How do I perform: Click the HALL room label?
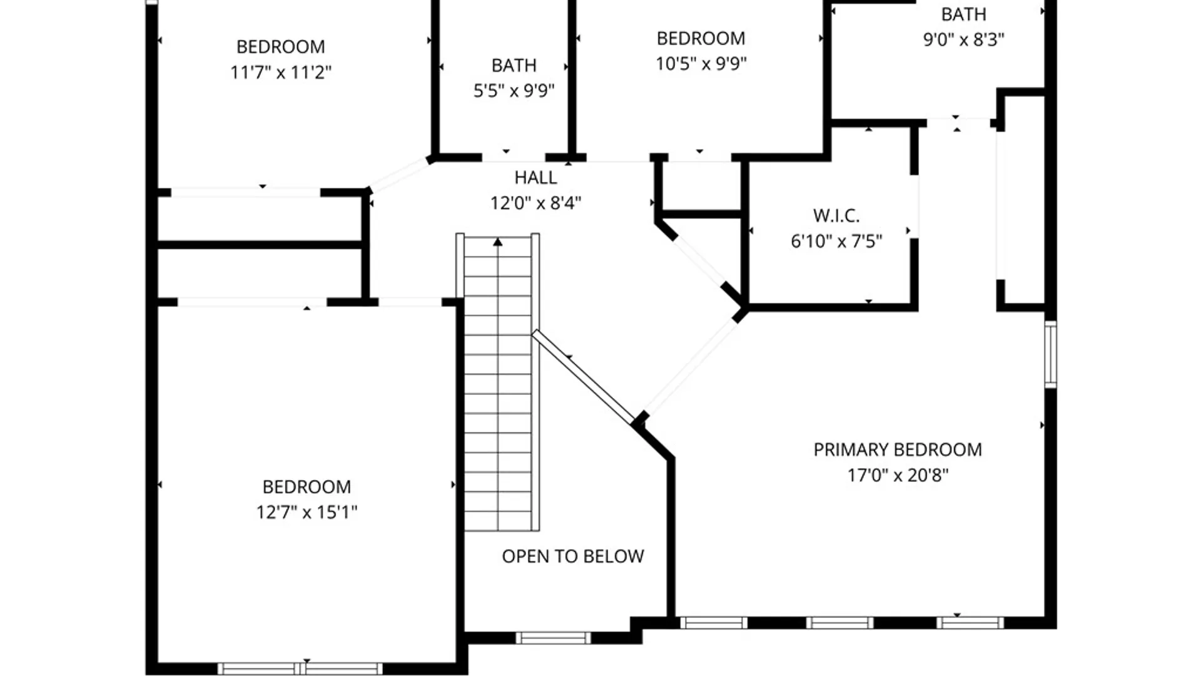tap(535, 178)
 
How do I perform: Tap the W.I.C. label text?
tap(836, 216)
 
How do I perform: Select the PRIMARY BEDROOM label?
tap(898, 450)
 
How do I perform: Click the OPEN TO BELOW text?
tap(573, 556)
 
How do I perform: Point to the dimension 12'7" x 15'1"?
tap(307, 512)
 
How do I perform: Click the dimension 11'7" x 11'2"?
tap(281, 73)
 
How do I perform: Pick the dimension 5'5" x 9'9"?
tap(514, 91)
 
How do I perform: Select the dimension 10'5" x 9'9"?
tap(701, 64)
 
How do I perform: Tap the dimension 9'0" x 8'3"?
tap(963, 39)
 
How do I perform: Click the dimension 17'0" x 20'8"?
tap(898, 475)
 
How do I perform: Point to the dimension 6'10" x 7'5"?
tap(836, 241)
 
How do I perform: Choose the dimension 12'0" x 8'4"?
tap(535, 203)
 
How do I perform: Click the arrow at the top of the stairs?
tap(497, 242)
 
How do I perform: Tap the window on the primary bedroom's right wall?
tap(1051, 354)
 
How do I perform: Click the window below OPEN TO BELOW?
tap(553, 638)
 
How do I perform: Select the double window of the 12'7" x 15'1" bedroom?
tap(300, 668)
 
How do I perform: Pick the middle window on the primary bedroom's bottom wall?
tap(839, 623)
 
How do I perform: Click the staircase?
tap(498, 388)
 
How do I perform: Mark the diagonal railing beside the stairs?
tap(583, 377)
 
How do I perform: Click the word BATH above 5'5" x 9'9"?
tap(514, 66)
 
